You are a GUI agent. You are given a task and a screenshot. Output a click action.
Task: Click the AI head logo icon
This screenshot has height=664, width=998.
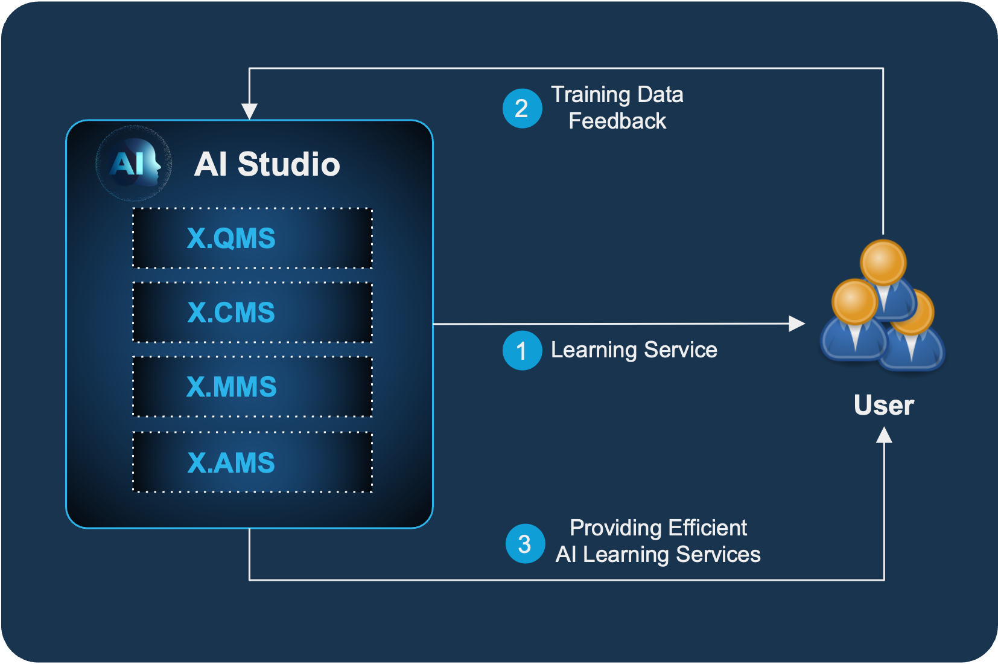point(133,163)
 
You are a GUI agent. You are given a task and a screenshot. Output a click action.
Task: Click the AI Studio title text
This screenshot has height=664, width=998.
point(267,164)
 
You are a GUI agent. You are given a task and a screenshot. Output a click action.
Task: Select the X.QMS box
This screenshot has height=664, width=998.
point(252,238)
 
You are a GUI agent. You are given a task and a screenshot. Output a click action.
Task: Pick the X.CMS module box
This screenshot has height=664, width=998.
point(252,312)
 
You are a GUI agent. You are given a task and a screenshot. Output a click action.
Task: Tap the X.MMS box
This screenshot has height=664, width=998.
point(252,386)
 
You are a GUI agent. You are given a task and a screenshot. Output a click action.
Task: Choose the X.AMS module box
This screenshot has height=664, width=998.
point(252,462)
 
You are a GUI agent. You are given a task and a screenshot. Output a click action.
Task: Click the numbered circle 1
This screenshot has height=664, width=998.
point(522,350)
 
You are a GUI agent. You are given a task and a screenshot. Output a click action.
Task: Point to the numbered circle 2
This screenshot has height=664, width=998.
point(522,109)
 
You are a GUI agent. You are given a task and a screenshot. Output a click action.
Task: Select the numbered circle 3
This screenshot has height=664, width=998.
point(525,543)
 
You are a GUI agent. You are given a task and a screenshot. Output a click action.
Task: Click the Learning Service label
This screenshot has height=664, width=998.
point(634,350)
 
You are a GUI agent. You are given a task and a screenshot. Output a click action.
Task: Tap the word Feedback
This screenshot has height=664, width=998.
point(617,121)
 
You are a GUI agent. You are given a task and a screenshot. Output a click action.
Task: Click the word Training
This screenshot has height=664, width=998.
point(591,95)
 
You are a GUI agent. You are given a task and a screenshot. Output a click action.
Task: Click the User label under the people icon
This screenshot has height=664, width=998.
point(884,405)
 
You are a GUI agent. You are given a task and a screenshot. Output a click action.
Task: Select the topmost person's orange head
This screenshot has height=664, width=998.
point(883,263)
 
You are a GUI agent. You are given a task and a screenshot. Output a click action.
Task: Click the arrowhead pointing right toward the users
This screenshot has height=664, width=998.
point(796,324)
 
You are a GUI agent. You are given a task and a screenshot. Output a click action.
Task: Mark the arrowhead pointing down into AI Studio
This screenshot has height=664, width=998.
point(249,111)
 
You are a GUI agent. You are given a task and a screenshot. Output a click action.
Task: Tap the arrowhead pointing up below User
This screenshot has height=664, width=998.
point(884,435)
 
